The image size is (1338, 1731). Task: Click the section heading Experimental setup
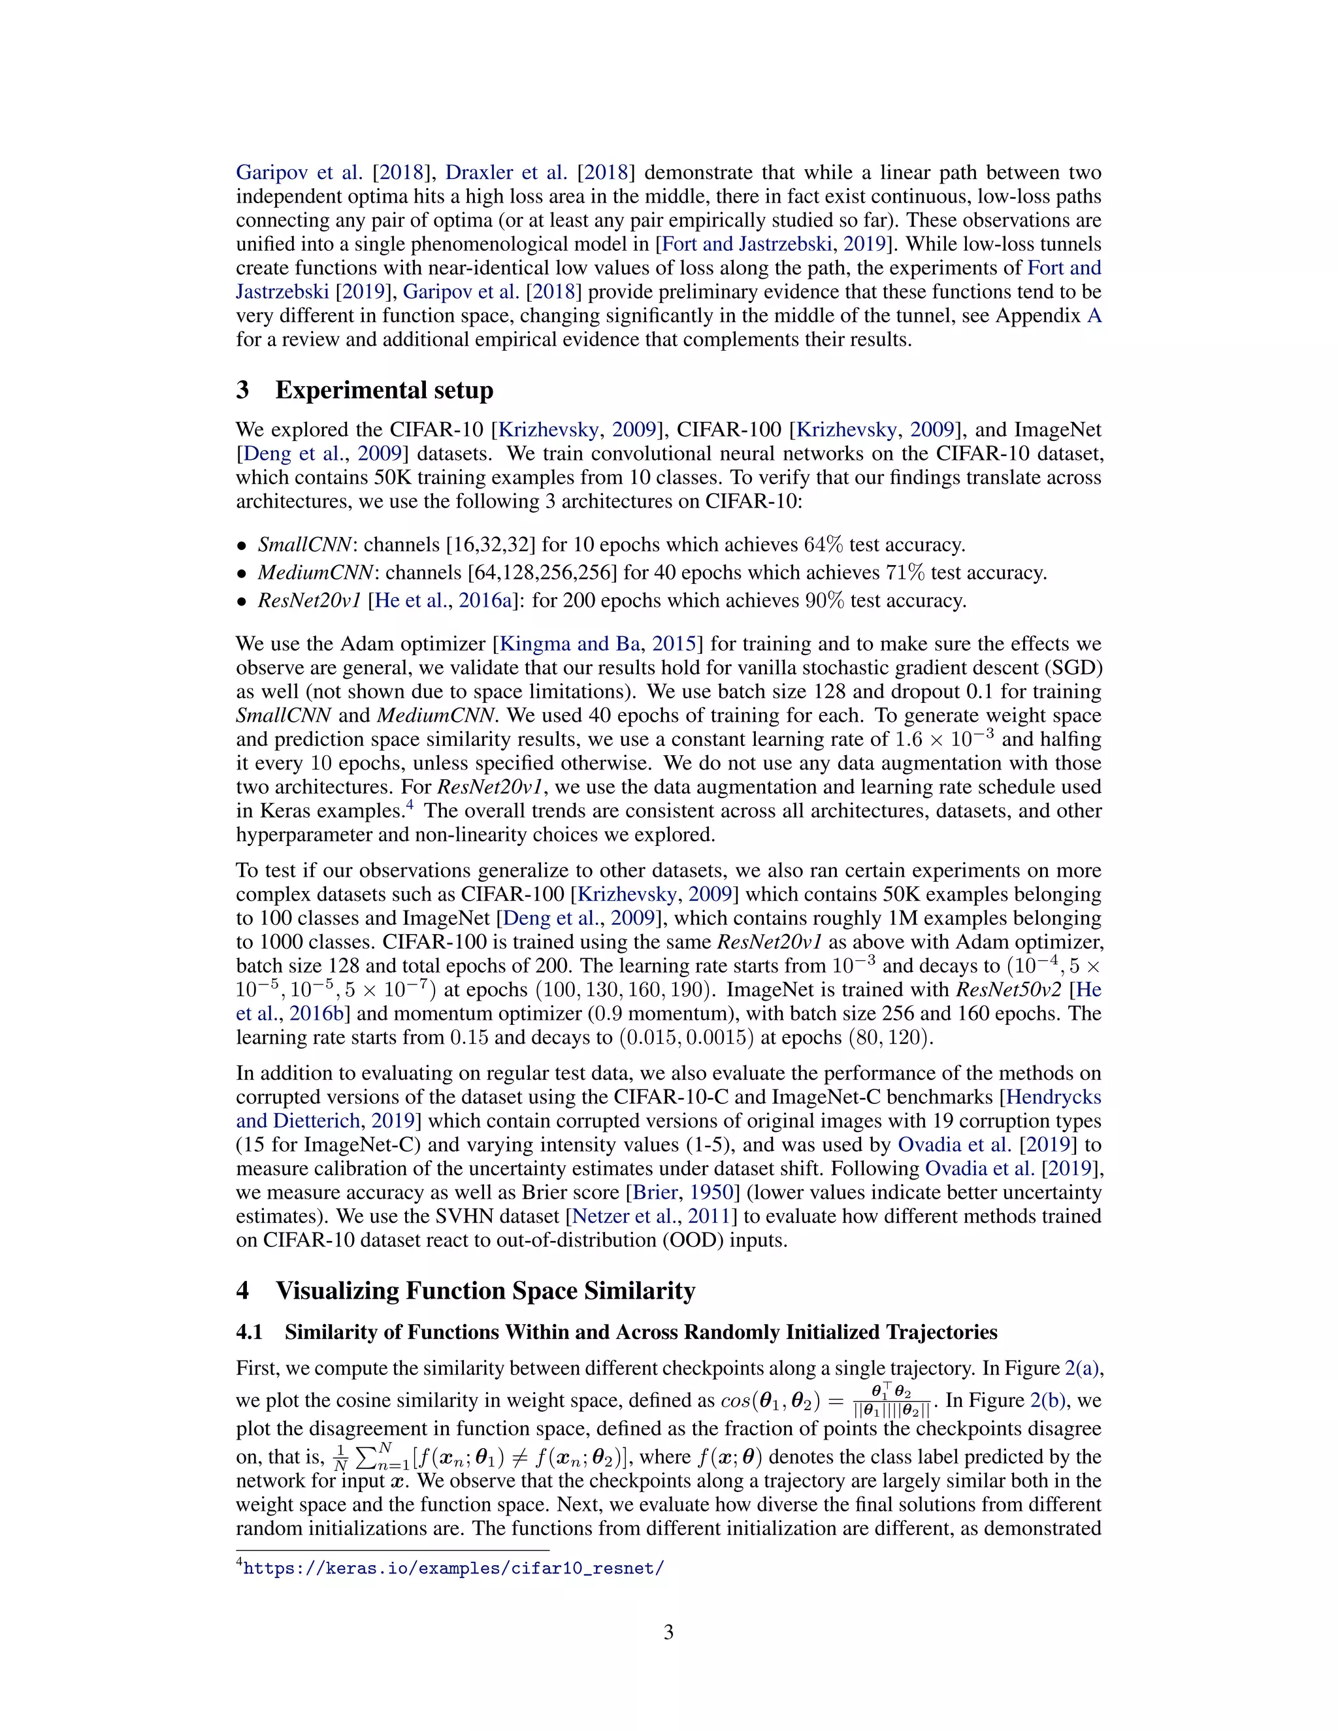(383, 390)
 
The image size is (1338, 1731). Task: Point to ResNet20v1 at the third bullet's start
(309, 601)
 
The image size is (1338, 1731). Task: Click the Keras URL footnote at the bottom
(453, 1568)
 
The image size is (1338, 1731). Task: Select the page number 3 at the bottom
(668, 1633)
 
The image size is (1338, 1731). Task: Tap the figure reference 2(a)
(1083, 1368)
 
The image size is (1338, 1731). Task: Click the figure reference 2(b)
(1048, 1400)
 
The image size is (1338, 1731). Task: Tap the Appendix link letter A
(1094, 316)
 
